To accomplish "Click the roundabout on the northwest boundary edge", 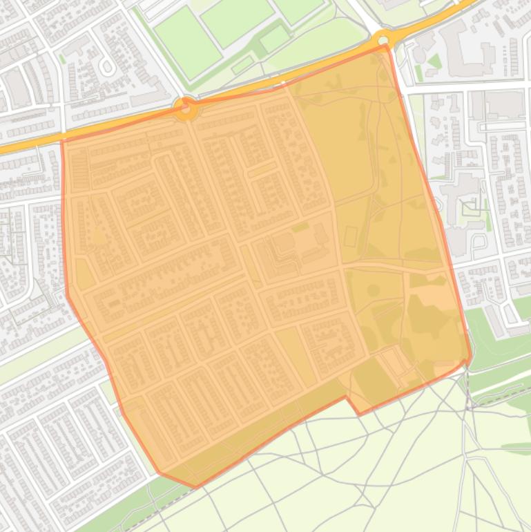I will pyautogui.click(x=185, y=108).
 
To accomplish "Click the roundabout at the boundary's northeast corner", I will pyautogui.click(x=385, y=38).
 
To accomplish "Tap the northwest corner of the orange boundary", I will pyautogui.click(x=63, y=142).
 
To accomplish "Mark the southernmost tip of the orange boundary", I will pyautogui.click(x=195, y=486).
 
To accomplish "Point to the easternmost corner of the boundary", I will pyautogui.click(x=470, y=358).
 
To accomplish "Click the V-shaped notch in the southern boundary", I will pyautogui.click(x=357, y=413).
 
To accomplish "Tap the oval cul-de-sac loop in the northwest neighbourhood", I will pyautogui.click(x=106, y=66).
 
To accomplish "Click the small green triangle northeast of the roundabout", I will pyautogui.click(x=434, y=61).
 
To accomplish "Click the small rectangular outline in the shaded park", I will pyautogui.click(x=350, y=236).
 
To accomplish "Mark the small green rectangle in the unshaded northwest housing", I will pyautogui.click(x=62, y=59).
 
